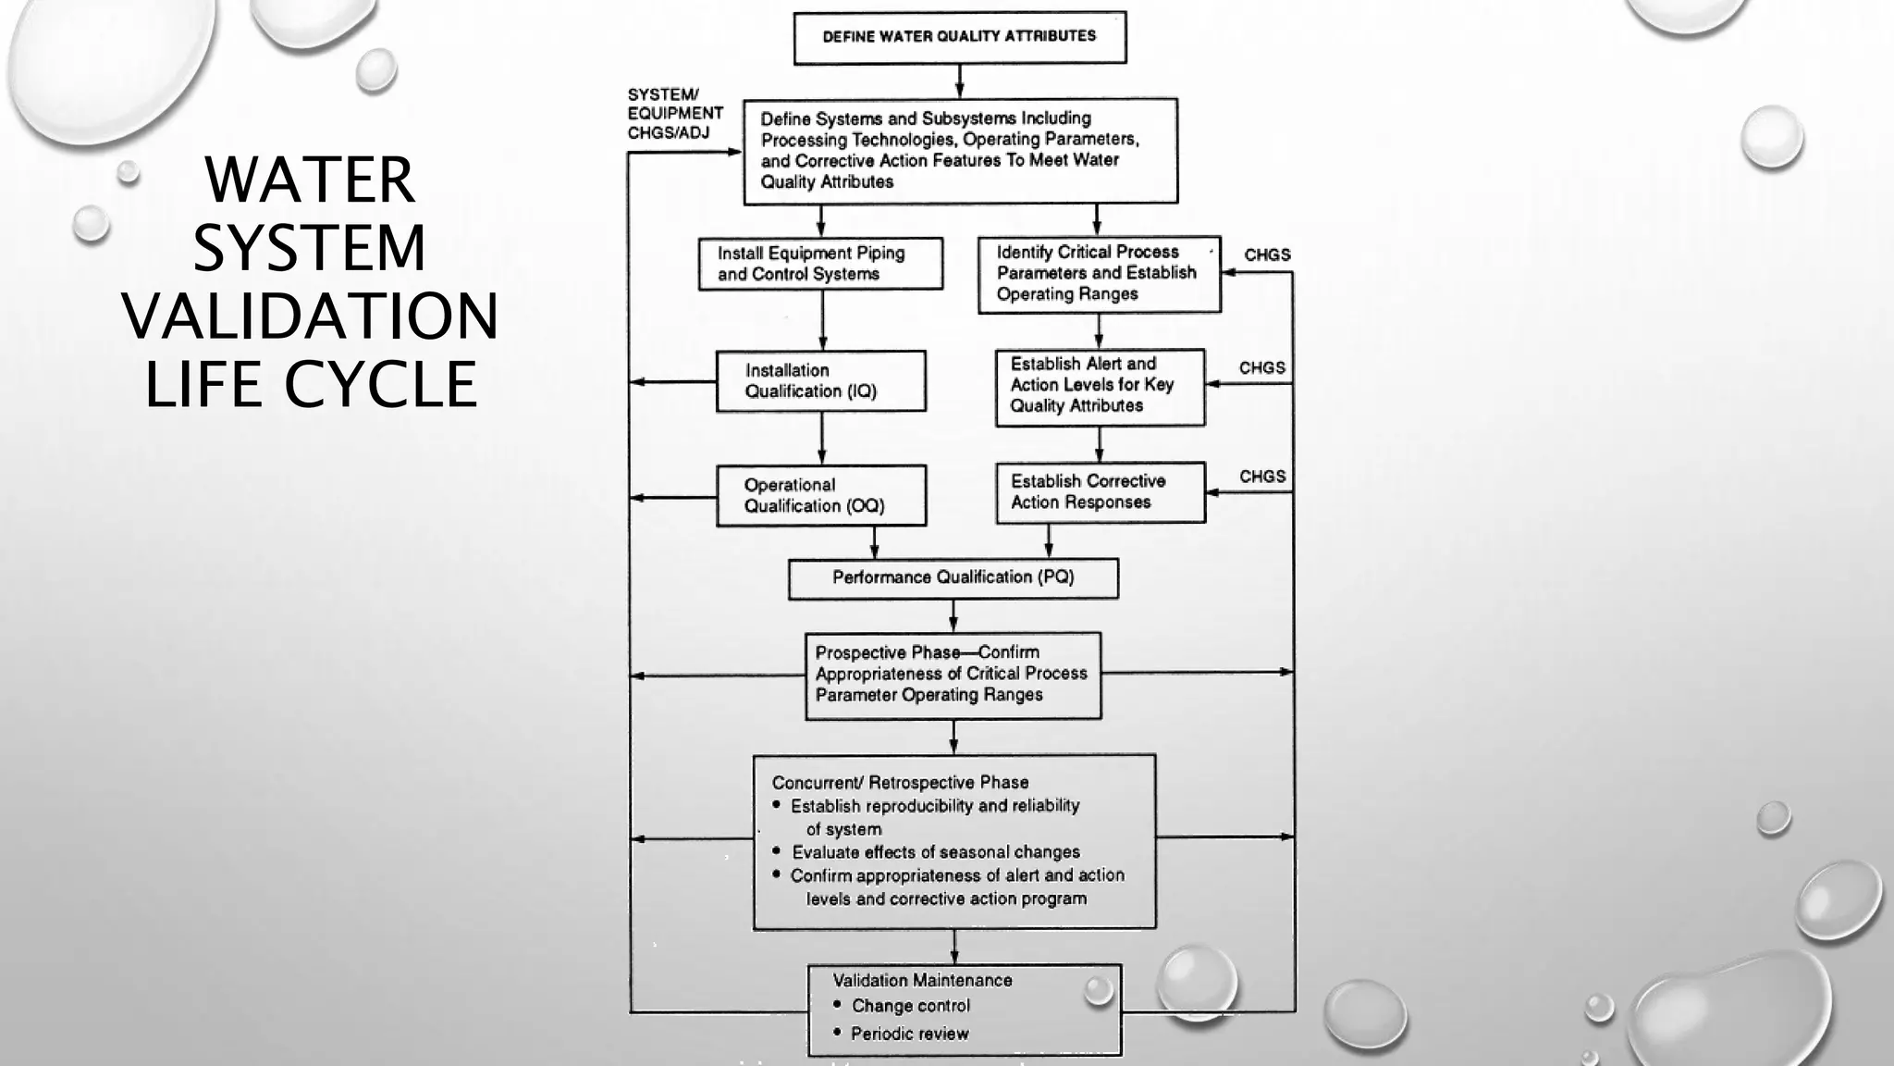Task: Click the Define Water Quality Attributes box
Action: pyautogui.click(x=960, y=37)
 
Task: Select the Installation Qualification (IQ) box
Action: pyautogui.click(x=820, y=380)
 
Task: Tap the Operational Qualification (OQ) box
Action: pyautogui.click(x=820, y=495)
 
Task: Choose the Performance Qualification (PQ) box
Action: pyautogui.click(x=953, y=577)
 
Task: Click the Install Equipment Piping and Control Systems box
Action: pyautogui.click(x=820, y=264)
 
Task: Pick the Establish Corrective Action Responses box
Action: pyautogui.click(x=1100, y=492)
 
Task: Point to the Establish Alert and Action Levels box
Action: pyautogui.click(x=1100, y=387)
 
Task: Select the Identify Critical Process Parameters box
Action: pyautogui.click(x=1099, y=274)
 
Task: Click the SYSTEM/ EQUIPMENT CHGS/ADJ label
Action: pyautogui.click(x=674, y=114)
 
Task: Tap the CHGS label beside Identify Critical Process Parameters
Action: pyautogui.click(x=1267, y=254)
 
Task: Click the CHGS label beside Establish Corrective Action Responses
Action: pyautogui.click(x=1262, y=477)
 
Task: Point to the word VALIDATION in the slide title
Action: pyautogui.click(x=310, y=316)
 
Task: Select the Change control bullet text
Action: pyautogui.click(x=910, y=1006)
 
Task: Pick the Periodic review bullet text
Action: pyautogui.click(x=909, y=1034)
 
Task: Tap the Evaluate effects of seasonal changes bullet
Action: pyautogui.click(x=935, y=852)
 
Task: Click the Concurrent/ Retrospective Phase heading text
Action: pyautogui.click(x=900, y=783)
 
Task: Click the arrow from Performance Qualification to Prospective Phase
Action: pyautogui.click(x=953, y=615)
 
